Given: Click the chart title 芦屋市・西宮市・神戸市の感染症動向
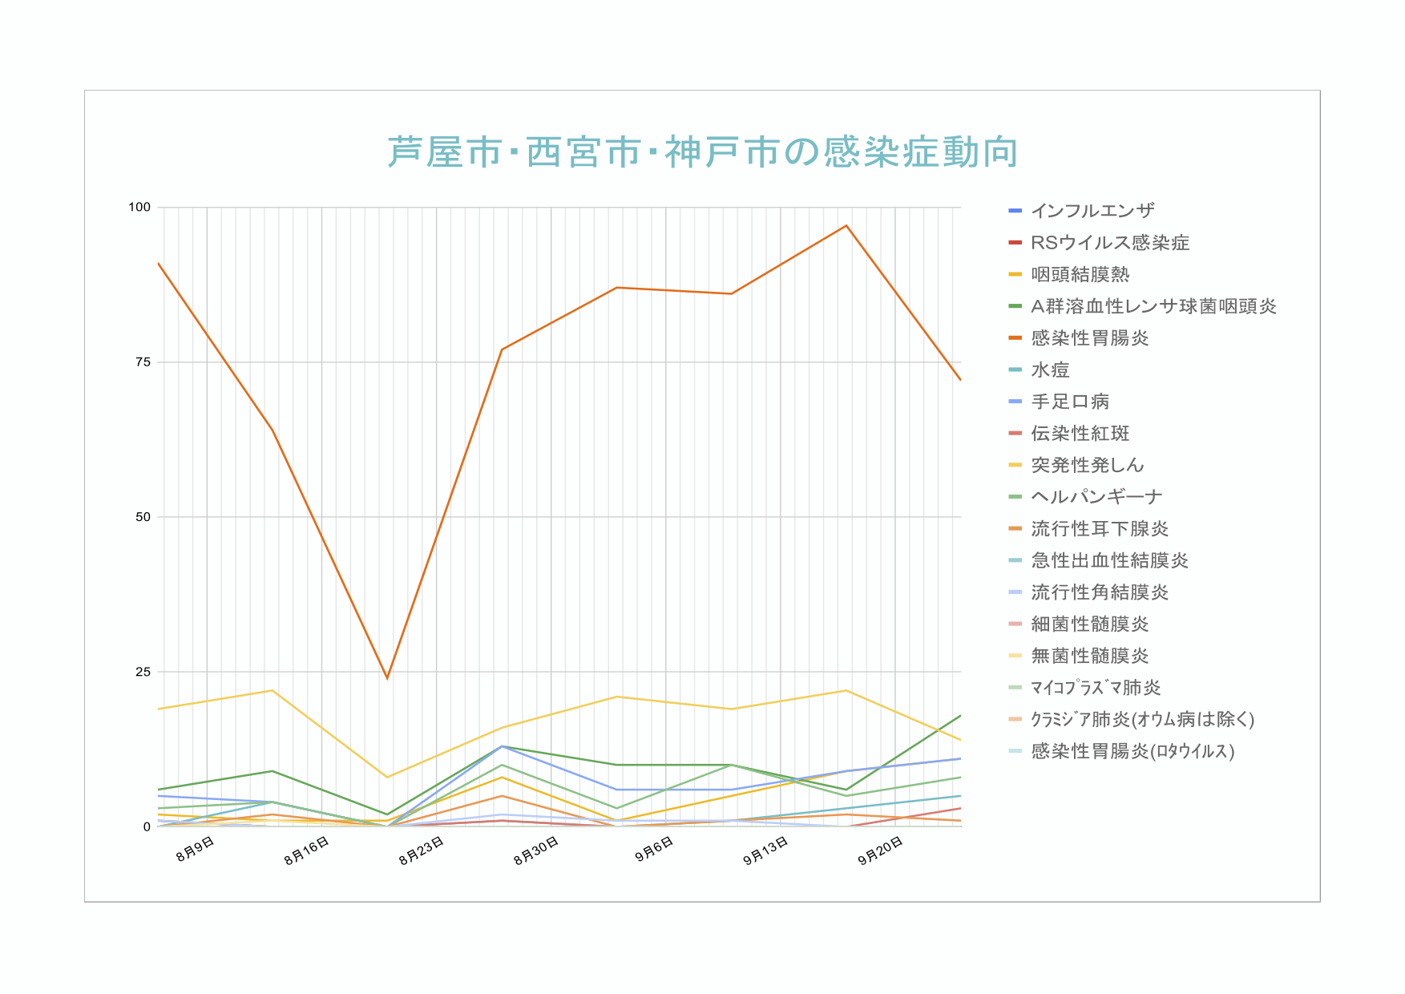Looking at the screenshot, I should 703,152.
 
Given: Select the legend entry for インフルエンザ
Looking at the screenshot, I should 1092,211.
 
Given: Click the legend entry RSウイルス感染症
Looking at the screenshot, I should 1109,243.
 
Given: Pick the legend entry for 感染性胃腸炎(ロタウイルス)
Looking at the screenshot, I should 1132,751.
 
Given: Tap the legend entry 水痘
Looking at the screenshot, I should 1050,370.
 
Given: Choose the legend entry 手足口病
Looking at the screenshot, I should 1070,402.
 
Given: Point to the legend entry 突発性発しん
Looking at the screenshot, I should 1087,465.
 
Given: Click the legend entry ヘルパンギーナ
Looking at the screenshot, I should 1096,497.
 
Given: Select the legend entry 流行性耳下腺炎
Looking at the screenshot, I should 1099,528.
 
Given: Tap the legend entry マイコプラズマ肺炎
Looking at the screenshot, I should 1095,687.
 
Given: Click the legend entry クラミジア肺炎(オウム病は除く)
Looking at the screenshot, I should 1141,719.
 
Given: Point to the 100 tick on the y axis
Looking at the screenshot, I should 139,208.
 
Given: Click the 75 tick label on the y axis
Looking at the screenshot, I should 143,362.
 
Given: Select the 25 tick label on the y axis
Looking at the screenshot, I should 143,672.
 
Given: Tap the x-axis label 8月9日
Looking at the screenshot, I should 195,849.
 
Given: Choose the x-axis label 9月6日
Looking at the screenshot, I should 654,849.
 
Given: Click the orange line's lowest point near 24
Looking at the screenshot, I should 387,678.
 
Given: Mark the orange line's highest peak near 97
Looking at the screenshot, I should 846,226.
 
